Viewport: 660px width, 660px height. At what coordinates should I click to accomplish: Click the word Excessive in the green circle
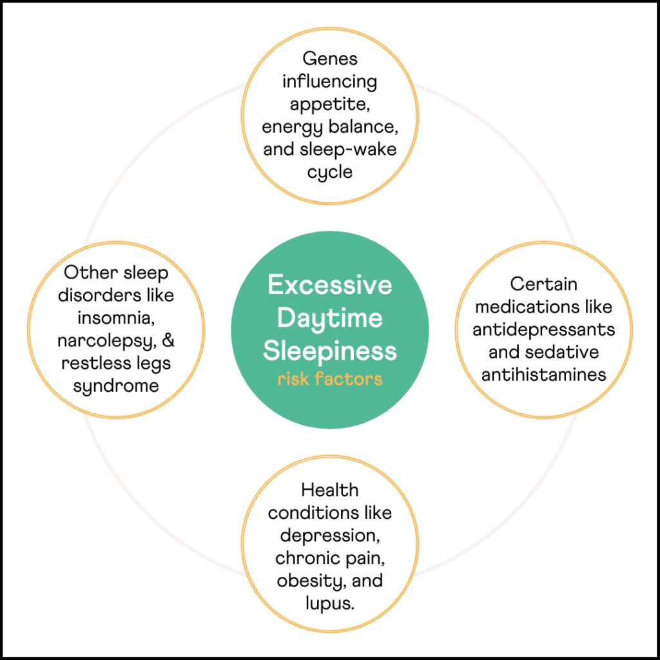329,285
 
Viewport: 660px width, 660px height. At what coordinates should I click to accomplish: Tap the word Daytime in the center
329,318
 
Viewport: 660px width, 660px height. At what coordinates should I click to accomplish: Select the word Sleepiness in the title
329,352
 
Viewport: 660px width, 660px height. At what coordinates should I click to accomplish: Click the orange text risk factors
329,379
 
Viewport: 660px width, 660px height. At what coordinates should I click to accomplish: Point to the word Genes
329,59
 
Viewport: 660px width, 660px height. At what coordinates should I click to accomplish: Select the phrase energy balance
329,127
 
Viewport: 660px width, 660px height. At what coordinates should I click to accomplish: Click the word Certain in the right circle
543,284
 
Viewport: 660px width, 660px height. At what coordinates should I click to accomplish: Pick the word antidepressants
543,330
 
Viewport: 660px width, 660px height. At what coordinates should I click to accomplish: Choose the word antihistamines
543,374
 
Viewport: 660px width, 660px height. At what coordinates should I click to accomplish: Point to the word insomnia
115,318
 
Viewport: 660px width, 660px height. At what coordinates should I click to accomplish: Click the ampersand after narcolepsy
168,340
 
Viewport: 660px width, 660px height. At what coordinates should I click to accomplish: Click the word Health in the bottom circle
329,490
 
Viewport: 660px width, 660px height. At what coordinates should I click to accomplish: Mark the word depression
329,536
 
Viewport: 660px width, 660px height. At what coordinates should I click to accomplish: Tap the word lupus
329,604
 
